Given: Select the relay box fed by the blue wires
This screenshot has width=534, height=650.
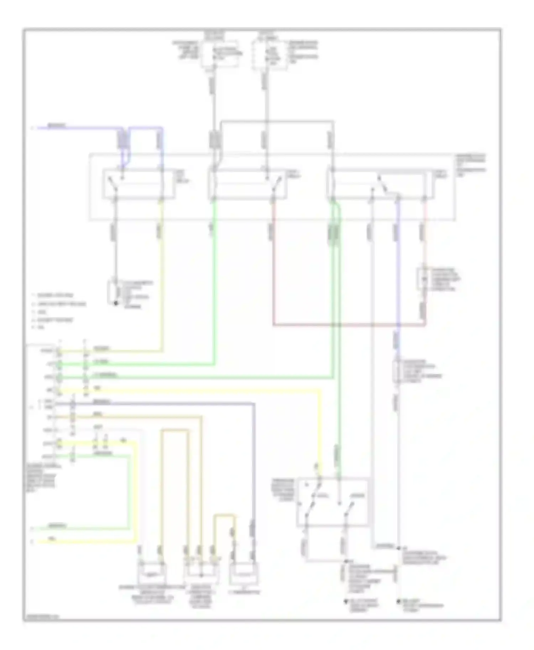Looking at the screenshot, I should point(139,184).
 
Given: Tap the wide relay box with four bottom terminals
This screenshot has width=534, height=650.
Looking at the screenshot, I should point(380,184).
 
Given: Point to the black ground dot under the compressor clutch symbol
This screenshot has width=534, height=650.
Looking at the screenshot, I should point(115,303).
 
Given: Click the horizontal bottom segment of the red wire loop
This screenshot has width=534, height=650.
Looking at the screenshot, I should point(349,325).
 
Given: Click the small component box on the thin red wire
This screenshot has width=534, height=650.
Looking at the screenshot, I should point(423,279).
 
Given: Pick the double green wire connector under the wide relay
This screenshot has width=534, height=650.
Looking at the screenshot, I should point(334,233).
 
